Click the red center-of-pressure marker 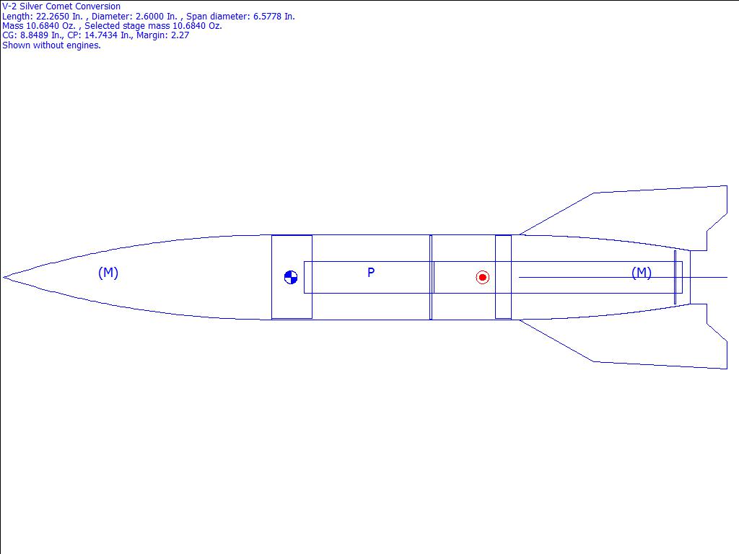tap(482, 278)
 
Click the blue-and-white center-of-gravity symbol tap(291, 278)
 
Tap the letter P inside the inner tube tap(371, 272)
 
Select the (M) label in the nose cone tap(108, 272)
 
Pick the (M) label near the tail tap(642, 272)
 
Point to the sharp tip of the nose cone tap(4, 278)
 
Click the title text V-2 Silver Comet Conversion tap(61, 6)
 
